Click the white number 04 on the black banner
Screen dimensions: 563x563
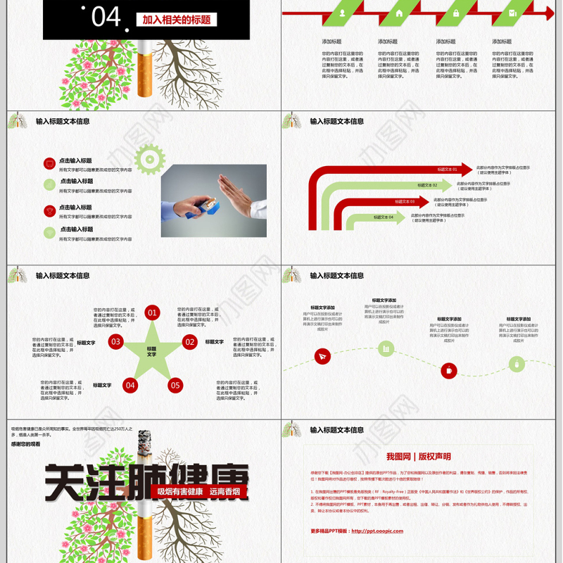pos(106,16)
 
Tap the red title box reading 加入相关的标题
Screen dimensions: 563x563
pos(176,20)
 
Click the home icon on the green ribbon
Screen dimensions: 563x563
pos(400,13)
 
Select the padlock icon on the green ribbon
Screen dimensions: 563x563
pos(455,13)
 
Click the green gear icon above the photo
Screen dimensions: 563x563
pos(148,159)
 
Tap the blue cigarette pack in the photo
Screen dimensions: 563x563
pos(209,206)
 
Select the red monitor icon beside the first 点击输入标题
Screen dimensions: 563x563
pos(49,164)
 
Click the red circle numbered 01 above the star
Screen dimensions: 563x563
pos(153,312)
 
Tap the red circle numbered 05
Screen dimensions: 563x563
pos(175,385)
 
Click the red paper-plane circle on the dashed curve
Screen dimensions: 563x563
pos(322,357)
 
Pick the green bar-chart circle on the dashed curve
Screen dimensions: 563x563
pos(386,348)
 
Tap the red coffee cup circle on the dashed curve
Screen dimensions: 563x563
pos(448,370)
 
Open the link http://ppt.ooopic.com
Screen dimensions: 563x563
pos(377,531)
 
